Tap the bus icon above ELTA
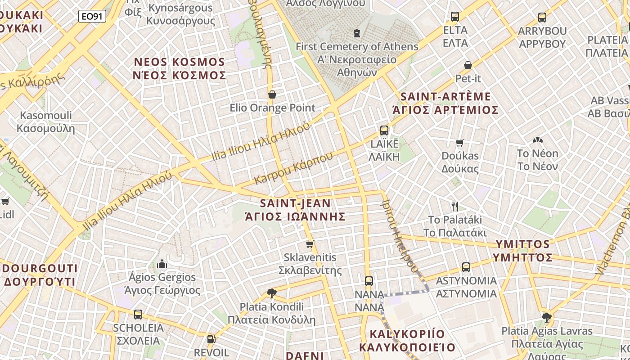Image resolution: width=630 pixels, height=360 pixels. pyautogui.click(x=455, y=17)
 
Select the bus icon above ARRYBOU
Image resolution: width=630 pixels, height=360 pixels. pyautogui.click(x=542, y=18)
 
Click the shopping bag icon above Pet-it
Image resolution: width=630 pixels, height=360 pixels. pyautogui.click(x=468, y=65)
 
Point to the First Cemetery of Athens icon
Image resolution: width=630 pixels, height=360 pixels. pyautogui.click(x=357, y=33)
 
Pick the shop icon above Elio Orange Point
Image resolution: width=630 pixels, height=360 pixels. pyautogui.click(x=272, y=94)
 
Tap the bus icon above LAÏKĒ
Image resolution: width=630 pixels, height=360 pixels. pyautogui.click(x=384, y=130)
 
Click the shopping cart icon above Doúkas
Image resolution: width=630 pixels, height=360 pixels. pyautogui.click(x=459, y=143)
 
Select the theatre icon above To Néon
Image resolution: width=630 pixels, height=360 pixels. pyautogui.click(x=537, y=140)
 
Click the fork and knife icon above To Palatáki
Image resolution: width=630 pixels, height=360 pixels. pyautogui.click(x=455, y=207)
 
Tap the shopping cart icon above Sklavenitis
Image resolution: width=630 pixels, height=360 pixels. pyautogui.click(x=310, y=244)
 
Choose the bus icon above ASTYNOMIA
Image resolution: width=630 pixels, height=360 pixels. pyautogui.click(x=466, y=267)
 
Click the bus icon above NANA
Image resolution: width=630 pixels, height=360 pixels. pyautogui.click(x=369, y=281)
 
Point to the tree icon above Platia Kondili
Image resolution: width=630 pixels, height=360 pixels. pyautogui.click(x=271, y=293)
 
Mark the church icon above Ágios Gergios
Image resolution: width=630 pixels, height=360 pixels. pyautogui.click(x=162, y=264)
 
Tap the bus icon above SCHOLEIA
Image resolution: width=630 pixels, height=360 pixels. pyautogui.click(x=138, y=314)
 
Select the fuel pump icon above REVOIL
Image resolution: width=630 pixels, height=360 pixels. pyautogui.click(x=211, y=339)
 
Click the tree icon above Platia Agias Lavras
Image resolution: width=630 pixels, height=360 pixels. pyautogui.click(x=547, y=318)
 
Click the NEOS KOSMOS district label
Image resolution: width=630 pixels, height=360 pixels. pyautogui.click(x=179, y=68)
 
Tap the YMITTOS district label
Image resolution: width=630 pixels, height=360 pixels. pyautogui.click(x=522, y=251)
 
